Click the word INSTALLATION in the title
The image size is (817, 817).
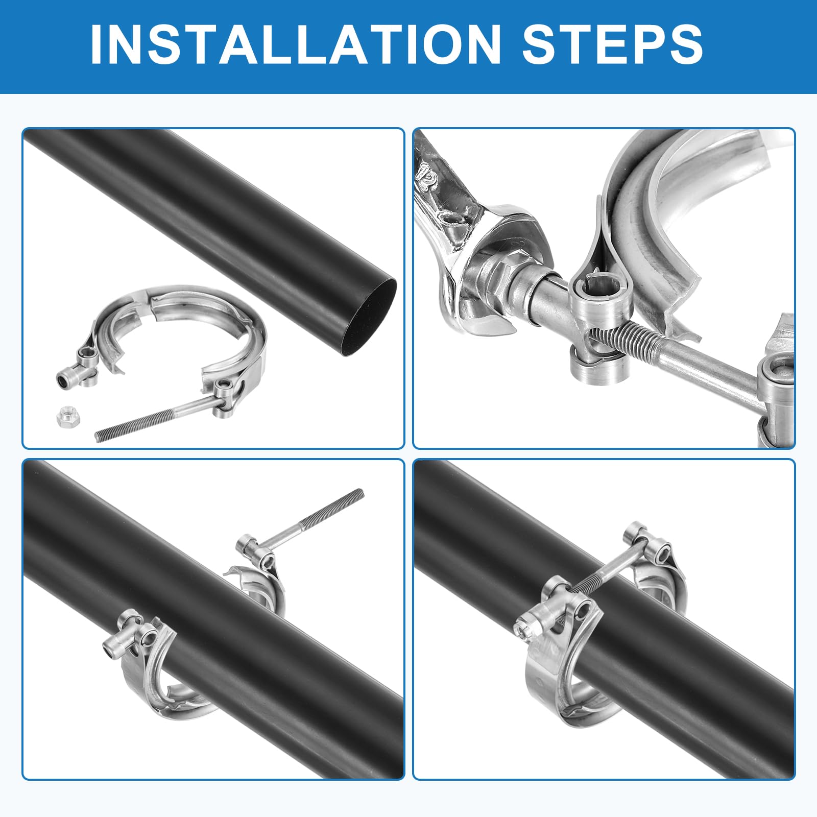(295, 44)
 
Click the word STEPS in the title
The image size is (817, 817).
(612, 44)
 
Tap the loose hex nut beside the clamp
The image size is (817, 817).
(66, 417)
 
